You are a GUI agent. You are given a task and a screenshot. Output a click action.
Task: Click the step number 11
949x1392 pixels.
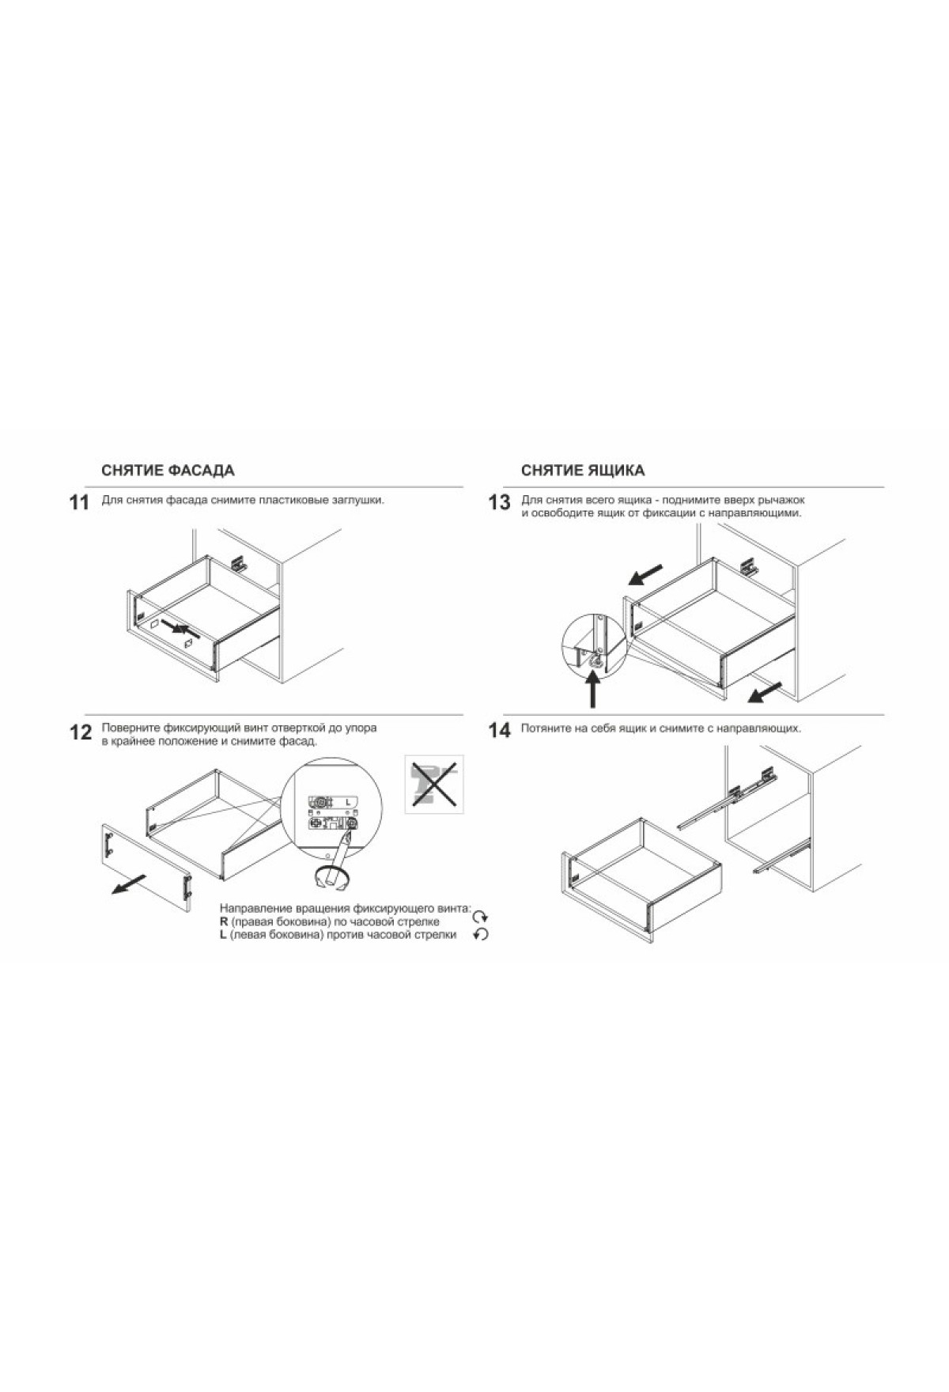79,503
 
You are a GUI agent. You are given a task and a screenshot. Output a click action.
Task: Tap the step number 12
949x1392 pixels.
81,732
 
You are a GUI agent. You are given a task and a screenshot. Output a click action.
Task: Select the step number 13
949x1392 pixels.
499,503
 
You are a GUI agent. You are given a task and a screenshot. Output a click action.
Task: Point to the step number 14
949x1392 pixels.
500,731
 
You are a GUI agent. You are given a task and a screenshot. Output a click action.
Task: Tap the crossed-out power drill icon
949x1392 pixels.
434,784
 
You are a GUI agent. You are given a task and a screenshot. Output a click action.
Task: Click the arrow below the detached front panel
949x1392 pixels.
128,883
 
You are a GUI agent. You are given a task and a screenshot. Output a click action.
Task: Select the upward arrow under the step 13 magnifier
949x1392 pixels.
593,689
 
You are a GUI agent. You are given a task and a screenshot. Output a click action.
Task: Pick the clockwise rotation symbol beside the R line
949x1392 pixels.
481,918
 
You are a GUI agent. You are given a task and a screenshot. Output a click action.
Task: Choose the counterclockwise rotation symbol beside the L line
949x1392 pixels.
481,935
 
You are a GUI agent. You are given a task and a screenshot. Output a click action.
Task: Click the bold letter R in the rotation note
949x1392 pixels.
224,921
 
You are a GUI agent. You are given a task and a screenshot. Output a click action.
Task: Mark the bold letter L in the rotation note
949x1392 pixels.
223,935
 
